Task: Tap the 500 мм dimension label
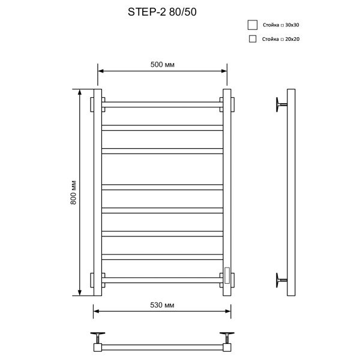click(x=163, y=65)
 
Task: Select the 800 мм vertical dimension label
click(x=74, y=193)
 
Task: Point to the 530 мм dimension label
click(x=162, y=305)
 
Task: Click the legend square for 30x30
click(x=253, y=25)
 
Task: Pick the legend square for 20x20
click(x=253, y=39)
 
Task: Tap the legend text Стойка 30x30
click(x=281, y=25)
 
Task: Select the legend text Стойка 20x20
click(x=281, y=39)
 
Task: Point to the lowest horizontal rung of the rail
click(x=163, y=280)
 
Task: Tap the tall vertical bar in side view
click(x=292, y=193)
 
